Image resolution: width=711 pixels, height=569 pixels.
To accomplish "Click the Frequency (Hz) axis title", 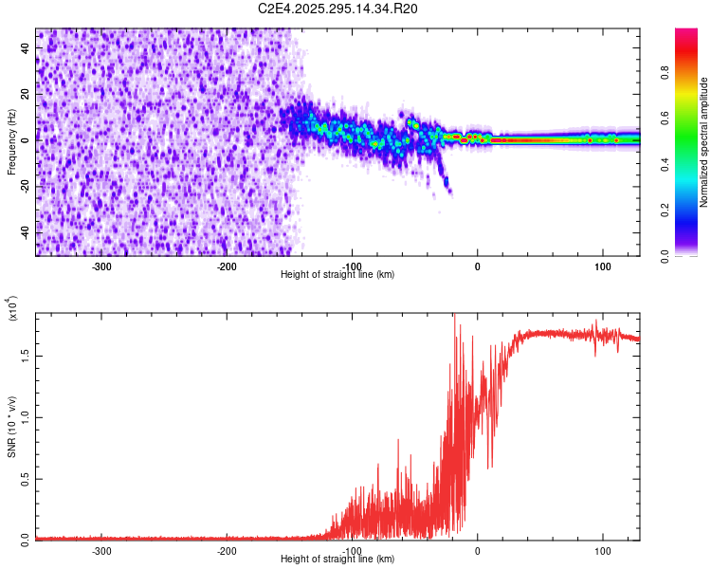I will pyautogui.click(x=11, y=142).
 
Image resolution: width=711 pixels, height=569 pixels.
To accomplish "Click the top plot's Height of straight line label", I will pyautogui.click(x=338, y=274).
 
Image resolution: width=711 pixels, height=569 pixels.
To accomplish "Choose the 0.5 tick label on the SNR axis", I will pyautogui.click(x=26, y=478).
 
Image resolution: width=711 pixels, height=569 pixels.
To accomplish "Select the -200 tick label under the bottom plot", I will pyautogui.click(x=227, y=550).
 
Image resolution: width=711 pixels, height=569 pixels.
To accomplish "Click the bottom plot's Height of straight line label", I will pyautogui.click(x=338, y=560).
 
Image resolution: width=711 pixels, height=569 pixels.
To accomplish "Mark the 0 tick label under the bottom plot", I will pyautogui.click(x=477, y=550).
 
